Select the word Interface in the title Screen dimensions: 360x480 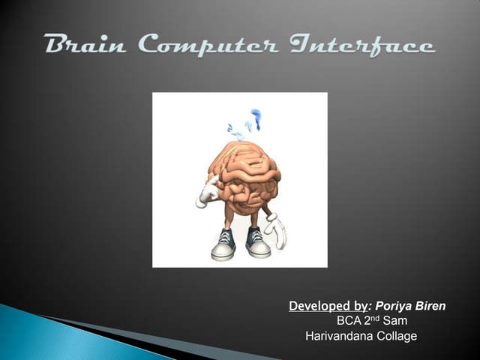pyautogui.click(x=367, y=45)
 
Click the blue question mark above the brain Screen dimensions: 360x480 pyautogui.click(x=256, y=118)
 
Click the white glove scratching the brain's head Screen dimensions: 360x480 pyautogui.click(x=207, y=191)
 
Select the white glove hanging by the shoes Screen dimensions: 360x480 pyautogui.click(x=276, y=231)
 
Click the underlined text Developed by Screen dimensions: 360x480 pyautogui.click(x=327, y=306)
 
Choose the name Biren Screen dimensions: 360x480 pyautogui.click(x=433, y=306)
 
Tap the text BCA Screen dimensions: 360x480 pyautogui.click(x=349, y=321)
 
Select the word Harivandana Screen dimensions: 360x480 pyautogui.click(x=340, y=336)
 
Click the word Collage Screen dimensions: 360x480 pyautogui.click(x=397, y=336)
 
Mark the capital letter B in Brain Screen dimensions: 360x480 pyautogui.click(x=55, y=45)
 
